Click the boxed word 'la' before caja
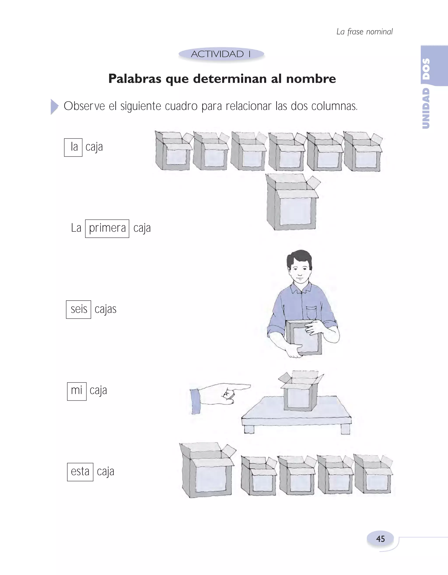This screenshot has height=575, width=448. pyautogui.click(x=73, y=147)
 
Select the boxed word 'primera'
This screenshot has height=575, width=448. pyautogui.click(x=107, y=228)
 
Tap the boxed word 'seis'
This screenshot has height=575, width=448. pyautogui.click(x=79, y=309)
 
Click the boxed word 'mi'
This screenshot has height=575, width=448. pyautogui.click(x=77, y=391)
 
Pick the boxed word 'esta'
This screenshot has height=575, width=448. pyautogui.click(x=80, y=472)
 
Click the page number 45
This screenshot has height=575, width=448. pyautogui.click(x=380, y=539)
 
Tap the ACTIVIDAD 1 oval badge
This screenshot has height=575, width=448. pyautogui.click(x=221, y=54)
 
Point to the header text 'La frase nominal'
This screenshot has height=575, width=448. pyautogui.click(x=364, y=32)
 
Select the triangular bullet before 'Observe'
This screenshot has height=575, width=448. pyautogui.click(x=54, y=107)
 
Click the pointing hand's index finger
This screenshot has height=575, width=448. pyautogui.click(x=238, y=386)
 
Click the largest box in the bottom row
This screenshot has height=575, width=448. pyautogui.click(x=207, y=471)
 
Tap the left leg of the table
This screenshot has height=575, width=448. pyautogui.click(x=249, y=429)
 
